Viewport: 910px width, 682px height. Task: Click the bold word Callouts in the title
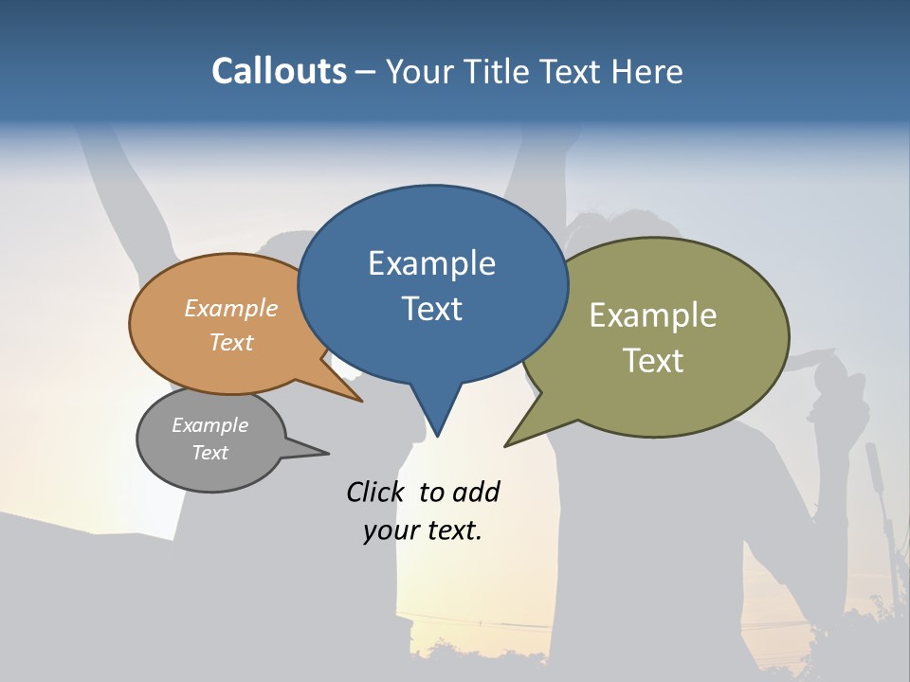click(x=279, y=71)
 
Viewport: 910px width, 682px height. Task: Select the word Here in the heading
click(x=649, y=71)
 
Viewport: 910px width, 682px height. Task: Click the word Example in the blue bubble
click(x=431, y=262)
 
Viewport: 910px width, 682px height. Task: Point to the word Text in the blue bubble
click(x=431, y=308)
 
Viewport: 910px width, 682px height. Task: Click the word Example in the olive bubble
click(x=652, y=314)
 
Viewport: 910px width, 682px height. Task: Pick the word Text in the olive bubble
click(x=652, y=360)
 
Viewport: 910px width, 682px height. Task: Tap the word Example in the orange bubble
click(x=230, y=308)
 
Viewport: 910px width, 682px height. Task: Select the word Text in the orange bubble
click(x=230, y=342)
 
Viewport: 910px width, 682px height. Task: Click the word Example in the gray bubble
click(x=209, y=425)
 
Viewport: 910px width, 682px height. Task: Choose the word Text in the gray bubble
click(x=209, y=453)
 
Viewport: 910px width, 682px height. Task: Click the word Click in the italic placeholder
click(x=374, y=492)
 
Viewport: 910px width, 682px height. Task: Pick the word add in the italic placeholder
click(x=476, y=492)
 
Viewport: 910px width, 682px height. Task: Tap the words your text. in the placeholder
click(x=423, y=530)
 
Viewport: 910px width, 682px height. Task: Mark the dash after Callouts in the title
click(x=366, y=71)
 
